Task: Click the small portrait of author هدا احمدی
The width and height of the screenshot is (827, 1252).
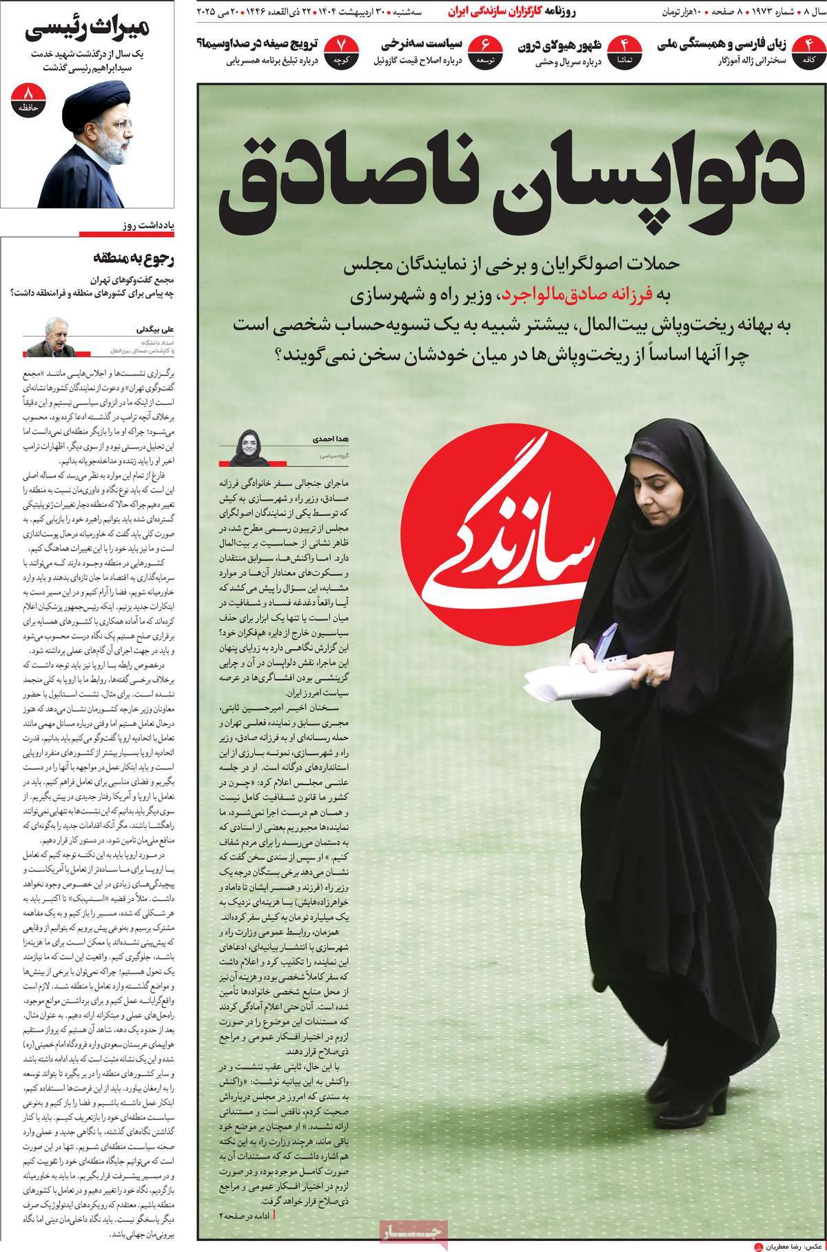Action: [x=248, y=442]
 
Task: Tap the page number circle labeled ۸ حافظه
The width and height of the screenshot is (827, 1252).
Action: [x=28, y=99]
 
